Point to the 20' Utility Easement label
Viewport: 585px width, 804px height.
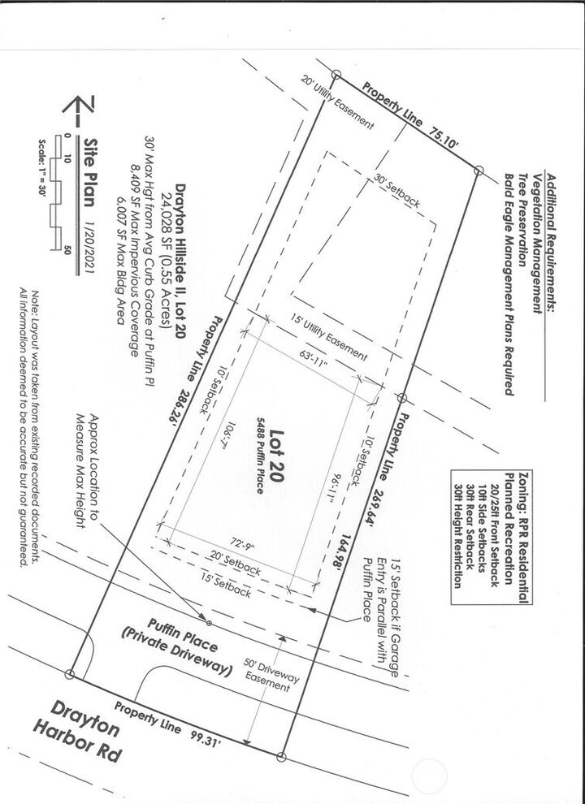pos(337,103)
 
